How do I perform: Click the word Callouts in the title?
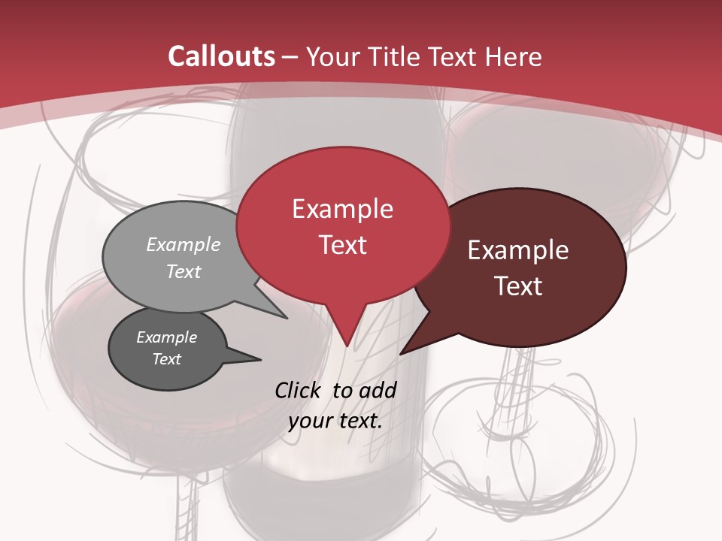pyautogui.click(x=221, y=56)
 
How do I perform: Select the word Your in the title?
pyautogui.click(x=334, y=56)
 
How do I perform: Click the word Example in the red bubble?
pyautogui.click(x=342, y=209)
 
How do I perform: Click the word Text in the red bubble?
pyautogui.click(x=342, y=245)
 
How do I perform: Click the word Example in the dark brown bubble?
pyautogui.click(x=518, y=250)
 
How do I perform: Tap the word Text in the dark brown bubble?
pyautogui.click(x=518, y=286)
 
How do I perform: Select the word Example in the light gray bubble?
pyautogui.click(x=184, y=245)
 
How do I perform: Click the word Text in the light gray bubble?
pyautogui.click(x=184, y=271)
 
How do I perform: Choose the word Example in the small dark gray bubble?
pyautogui.click(x=166, y=337)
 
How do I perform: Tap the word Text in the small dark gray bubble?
pyautogui.click(x=166, y=359)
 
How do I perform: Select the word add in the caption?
pyautogui.click(x=378, y=390)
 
